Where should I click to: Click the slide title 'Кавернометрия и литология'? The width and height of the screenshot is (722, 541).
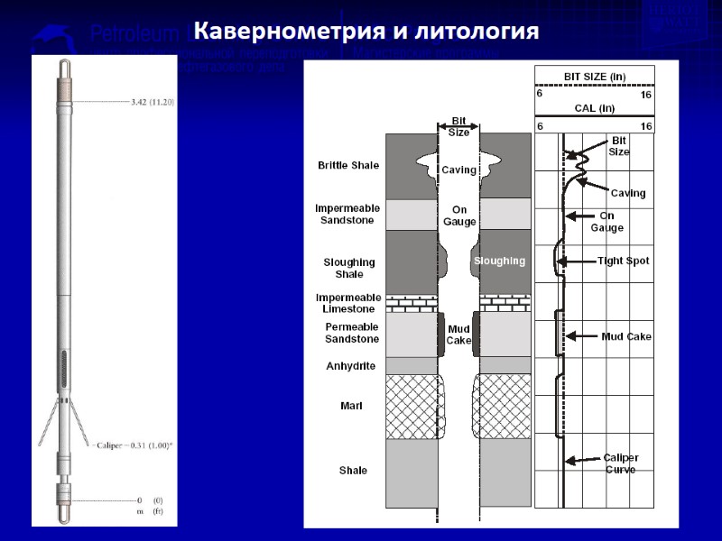click(366, 32)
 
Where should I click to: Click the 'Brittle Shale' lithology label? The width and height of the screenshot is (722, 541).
click(348, 166)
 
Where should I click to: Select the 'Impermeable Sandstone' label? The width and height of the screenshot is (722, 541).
click(347, 214)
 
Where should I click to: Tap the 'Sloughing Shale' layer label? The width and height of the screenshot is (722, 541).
click(349, 268)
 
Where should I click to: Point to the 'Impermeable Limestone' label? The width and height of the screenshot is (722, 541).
click(347, 303)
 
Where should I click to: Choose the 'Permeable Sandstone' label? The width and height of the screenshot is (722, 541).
click(352, 333)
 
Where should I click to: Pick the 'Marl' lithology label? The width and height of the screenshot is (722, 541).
click(351, 407)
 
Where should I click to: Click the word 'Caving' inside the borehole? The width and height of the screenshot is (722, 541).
click(458, 170)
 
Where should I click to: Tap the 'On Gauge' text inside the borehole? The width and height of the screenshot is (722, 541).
click(458, 215)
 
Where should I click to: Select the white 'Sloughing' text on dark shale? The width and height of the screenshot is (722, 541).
click(499, 261)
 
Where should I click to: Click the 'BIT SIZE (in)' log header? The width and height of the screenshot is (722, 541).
click(594, 76)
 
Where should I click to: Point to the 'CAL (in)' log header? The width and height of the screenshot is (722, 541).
click(594, 108)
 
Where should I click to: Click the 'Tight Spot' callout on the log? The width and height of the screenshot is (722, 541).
click(623, 261)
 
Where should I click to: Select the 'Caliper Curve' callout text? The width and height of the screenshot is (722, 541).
click(623, 463)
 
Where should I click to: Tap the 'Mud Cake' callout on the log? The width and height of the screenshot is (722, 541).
click(626, 336)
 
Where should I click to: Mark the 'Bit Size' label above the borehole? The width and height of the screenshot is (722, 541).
click(459, 127)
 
